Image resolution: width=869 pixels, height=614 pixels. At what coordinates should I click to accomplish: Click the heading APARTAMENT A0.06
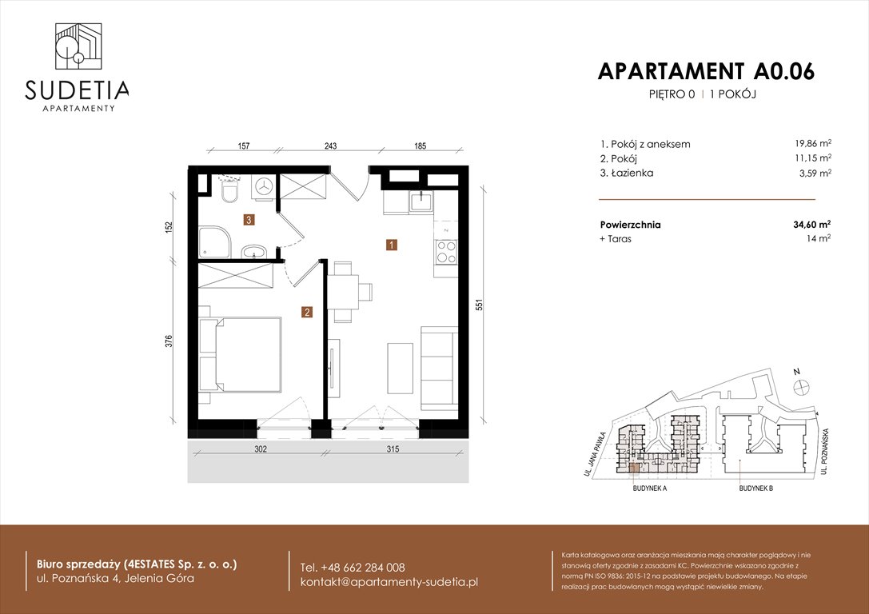[x=706, y=71]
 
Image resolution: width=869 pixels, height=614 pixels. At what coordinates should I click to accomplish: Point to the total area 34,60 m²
[x=807, y=225]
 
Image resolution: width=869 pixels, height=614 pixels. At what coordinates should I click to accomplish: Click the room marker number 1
[x=391, y=245]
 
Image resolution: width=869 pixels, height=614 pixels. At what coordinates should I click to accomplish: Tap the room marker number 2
[x=306, y=312]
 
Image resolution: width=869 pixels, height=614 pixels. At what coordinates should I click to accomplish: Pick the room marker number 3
[x=249, y=218]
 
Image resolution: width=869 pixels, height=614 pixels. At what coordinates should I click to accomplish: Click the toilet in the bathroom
[x=229, y=192]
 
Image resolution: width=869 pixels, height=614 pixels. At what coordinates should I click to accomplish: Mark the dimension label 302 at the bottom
[x=261, y=449]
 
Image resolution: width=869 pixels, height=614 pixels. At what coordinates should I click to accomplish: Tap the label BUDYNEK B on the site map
[x=755, y=488]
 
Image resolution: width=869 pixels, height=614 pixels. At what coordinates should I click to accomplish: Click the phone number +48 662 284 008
[x=353, y=567]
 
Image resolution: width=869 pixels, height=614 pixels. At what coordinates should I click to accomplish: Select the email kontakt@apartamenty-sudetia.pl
[x=389, y=582]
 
